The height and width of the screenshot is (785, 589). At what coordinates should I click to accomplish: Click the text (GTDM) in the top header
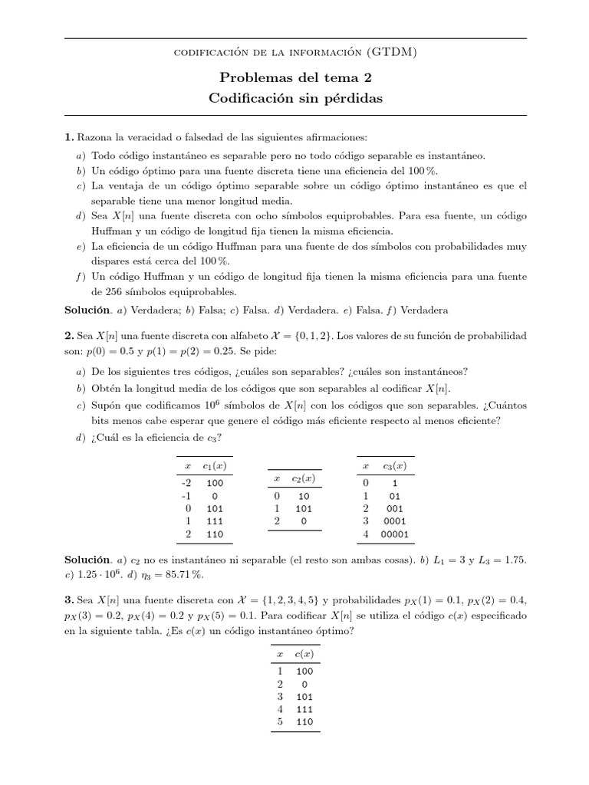click(x=393, y=52)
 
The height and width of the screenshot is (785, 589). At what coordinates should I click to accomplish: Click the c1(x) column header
click(x=215, y=466)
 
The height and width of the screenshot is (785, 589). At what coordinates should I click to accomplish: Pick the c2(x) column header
click(x=304, y=479)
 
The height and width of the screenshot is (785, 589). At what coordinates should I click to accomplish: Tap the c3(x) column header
click(x=395, y=466)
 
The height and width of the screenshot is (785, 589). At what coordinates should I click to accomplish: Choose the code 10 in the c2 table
click(x=304, y=497)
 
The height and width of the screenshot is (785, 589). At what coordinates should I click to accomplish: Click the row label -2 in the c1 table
click(x=186, y=484)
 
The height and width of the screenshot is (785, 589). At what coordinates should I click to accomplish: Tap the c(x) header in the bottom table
click(x=302, y=653)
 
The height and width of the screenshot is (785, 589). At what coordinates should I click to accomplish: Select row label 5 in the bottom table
click(x=280, y=721)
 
